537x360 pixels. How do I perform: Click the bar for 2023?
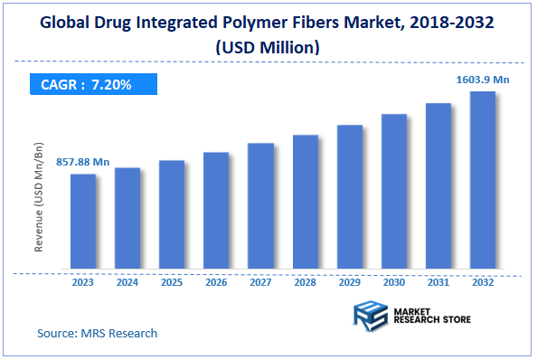[83, 222]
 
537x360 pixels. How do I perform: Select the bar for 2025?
[172, 215]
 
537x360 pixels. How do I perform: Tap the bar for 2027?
[260, 206]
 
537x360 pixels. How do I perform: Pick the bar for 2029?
[350, 197]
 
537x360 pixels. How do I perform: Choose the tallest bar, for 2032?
[483, 181]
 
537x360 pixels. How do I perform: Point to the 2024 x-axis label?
[127, 282]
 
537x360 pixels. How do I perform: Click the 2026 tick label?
[216, 282]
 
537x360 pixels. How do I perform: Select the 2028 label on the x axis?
[305, 282]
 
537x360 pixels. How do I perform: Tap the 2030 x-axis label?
[394, 282]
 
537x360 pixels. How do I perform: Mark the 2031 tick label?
[438, 282]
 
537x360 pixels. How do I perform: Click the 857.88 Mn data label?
[82, 162]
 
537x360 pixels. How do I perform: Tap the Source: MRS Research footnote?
[98, 333]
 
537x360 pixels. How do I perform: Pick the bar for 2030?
[394, 192]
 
